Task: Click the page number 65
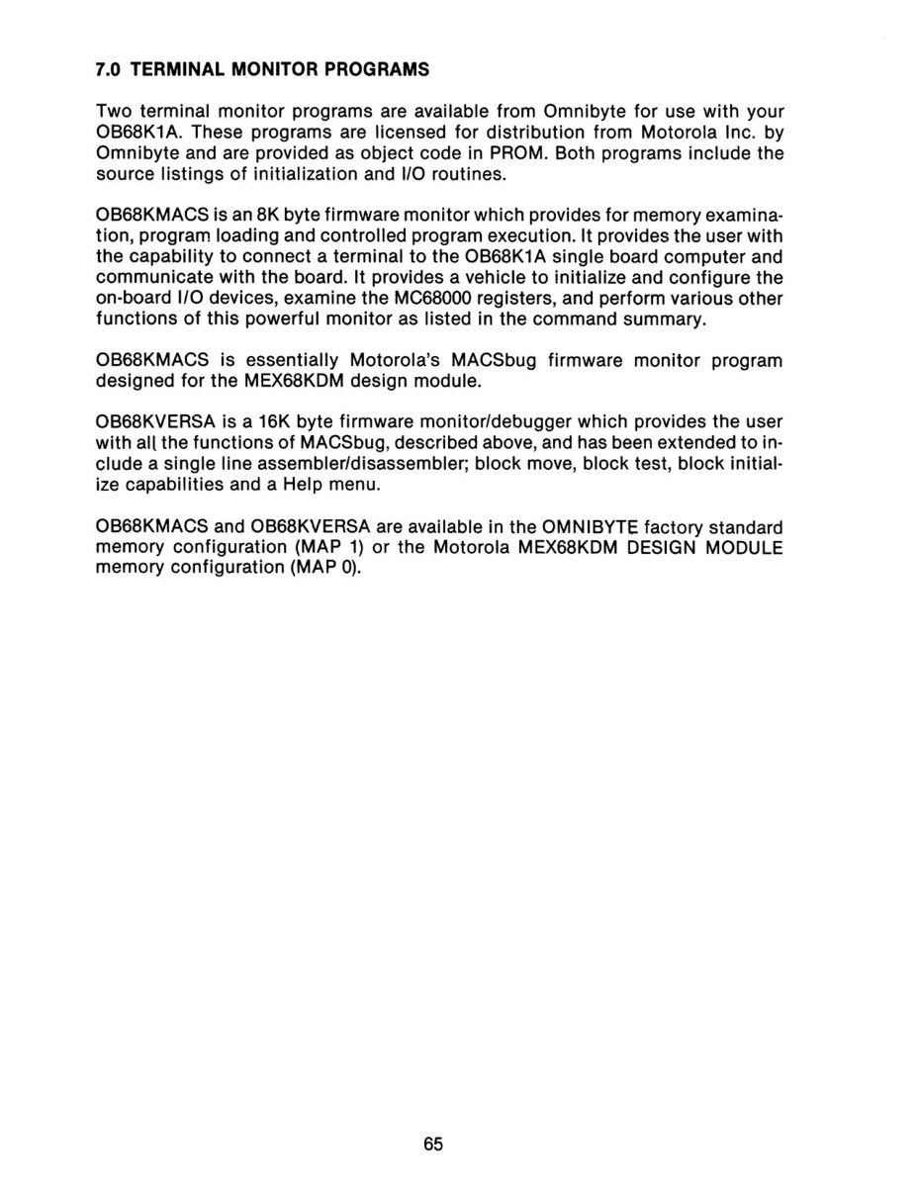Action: [433, 1143]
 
